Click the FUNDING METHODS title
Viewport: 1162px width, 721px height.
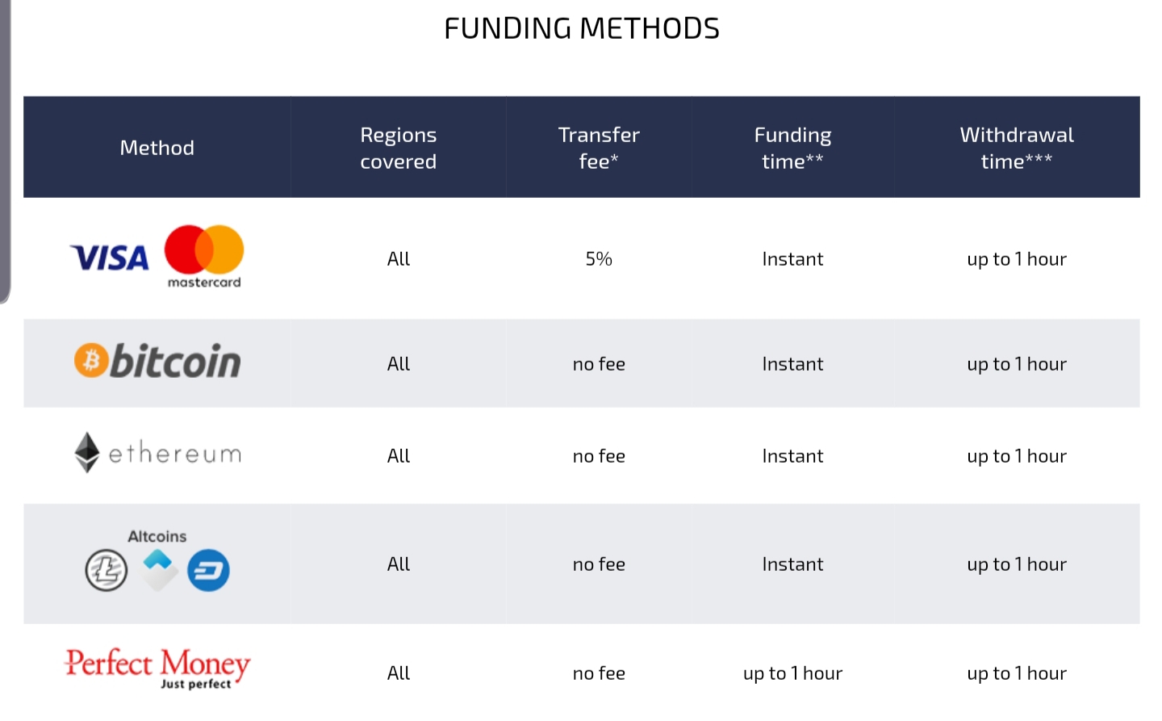click(x=582, y=28)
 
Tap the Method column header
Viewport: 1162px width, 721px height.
click(x=157, y=148)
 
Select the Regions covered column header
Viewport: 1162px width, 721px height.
click(x=399, y=148)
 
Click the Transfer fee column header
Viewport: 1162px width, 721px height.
click(x=599, y=148)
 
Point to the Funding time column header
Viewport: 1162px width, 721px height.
click(x=792, y=148)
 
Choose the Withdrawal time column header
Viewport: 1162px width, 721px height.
click(x=1017, y=148)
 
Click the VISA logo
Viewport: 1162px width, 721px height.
click(x=110, y=258)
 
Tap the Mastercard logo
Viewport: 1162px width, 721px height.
click(x=204, y=256)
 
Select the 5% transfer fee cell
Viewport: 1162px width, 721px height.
click(x=599, y=258)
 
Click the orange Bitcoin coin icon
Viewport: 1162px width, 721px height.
click(x=91, y=360)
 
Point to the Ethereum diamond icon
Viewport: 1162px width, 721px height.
click(x=86, y=452)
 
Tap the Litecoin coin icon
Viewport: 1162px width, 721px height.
click(x=107, y=571)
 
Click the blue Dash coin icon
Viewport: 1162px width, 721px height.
click(x=208, y=571)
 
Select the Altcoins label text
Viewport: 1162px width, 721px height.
click(x=157, y=536)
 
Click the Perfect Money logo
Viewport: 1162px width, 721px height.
click(x=157, y=668)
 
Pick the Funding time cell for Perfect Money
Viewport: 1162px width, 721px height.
click(x=792, y=673)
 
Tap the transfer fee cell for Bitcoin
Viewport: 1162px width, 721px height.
click(x=599, y=364)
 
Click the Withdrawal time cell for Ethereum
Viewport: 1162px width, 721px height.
click(x=1017, y=455)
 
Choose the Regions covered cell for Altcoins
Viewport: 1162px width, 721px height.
click(x=399, y=564)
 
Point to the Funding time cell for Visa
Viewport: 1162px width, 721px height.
click(x=792, y=258)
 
